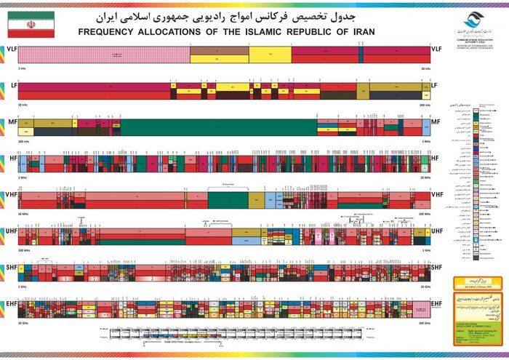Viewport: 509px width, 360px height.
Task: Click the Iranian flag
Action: point(31,24)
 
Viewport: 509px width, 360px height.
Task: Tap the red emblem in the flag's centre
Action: point(31,24)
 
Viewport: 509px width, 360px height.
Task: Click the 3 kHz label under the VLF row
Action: point(20,68)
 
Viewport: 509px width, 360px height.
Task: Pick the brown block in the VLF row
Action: point(219,53)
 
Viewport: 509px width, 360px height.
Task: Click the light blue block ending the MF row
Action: point(415,127)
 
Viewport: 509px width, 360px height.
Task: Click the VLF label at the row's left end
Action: point(10,49)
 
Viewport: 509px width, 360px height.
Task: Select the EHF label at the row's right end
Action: point(436,305)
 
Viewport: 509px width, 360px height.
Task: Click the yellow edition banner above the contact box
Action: point(478,281)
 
